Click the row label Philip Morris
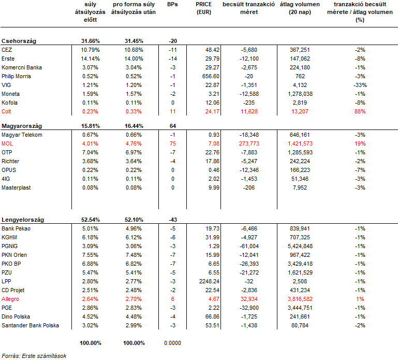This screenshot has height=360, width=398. coord(16,76)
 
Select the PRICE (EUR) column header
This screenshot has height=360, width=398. coord(204,8)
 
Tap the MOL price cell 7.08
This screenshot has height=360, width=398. coord(214,143)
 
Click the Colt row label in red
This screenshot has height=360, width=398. coord(6,111)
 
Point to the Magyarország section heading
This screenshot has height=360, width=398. coord(22,126)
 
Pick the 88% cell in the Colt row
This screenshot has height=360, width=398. coord(360,111)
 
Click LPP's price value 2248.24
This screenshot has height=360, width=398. coord(210,281)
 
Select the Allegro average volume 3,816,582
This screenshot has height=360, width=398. coord(300,299)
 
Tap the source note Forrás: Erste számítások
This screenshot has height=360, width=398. coord(34,356)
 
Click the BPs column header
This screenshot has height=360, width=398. coord(172,4)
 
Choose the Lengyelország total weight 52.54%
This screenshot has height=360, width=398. coord(91,220)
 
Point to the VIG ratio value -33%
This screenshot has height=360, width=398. coord(360,85)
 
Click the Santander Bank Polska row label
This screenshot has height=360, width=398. coord(30,325)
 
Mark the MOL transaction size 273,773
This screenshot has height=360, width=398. coord(249,143)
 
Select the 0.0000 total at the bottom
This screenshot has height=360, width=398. coord(172,343)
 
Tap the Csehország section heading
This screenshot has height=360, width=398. coord(19,41)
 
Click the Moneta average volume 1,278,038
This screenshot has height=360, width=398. coord(300,94)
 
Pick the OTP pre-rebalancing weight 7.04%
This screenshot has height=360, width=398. coord(91,152)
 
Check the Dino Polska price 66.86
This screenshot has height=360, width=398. coord(212,317)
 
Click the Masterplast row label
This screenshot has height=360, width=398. coord(16,188)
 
